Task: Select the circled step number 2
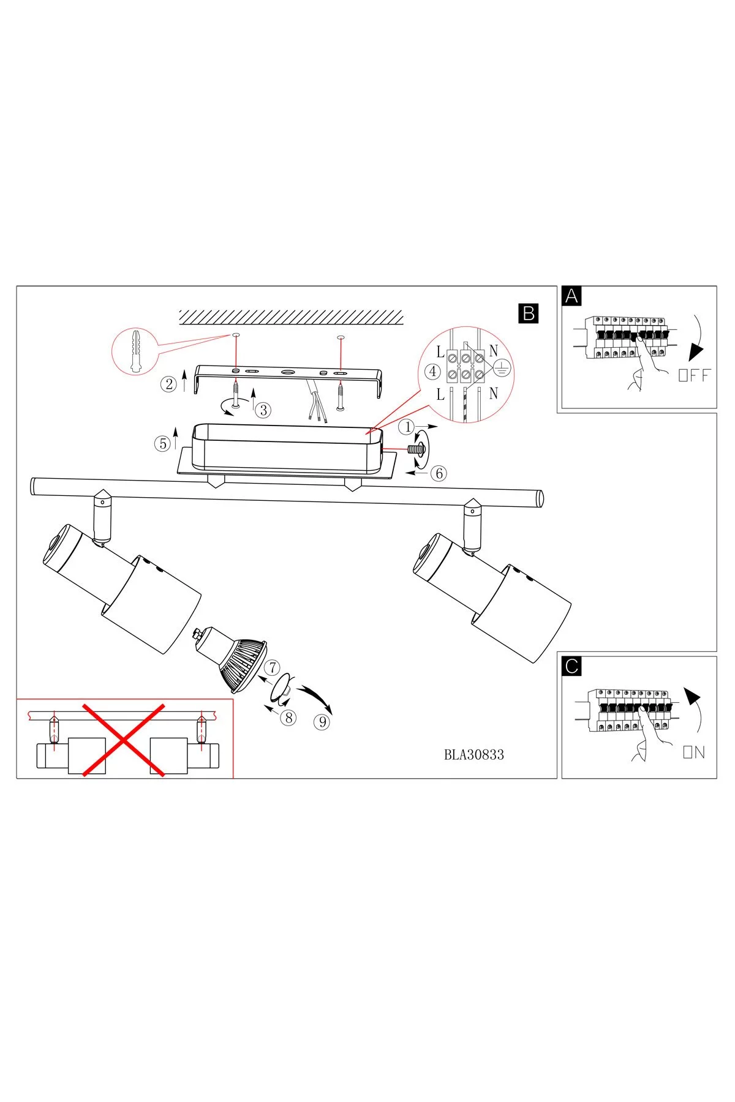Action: pos(168,384)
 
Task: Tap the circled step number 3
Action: pos(263,410)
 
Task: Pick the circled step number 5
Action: pos(162,443)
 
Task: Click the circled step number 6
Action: pos(438,473)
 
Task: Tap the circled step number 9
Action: pos(321,722)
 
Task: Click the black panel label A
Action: pos(572,296)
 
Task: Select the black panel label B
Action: pos(528,313)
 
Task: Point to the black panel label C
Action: pos(572,666)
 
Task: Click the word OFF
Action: pos(695,375)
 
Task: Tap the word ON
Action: pos(694,752)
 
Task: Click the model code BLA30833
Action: pos(474,755)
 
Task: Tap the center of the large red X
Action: pos(124,740)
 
